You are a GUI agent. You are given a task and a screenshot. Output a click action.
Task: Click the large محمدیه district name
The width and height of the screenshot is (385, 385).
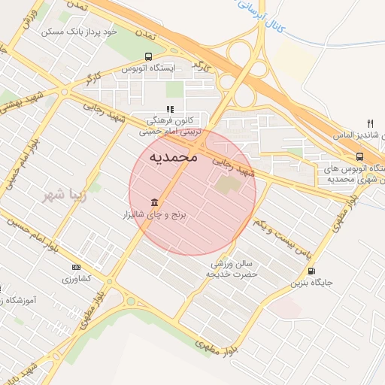(x=174, y=157)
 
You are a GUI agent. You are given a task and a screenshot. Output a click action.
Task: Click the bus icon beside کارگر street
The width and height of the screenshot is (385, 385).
(x=147, y=56)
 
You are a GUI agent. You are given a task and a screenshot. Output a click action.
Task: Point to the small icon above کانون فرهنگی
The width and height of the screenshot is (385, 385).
(x=159, y=109)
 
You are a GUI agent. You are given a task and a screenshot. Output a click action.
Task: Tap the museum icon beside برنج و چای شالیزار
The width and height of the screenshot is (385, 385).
(x=155, y=203)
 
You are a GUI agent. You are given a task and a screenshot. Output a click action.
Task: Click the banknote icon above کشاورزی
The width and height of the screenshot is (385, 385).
(x=76, y=267)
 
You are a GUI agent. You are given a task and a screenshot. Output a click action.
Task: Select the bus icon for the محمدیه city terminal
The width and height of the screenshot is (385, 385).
(x=360, y=156)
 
